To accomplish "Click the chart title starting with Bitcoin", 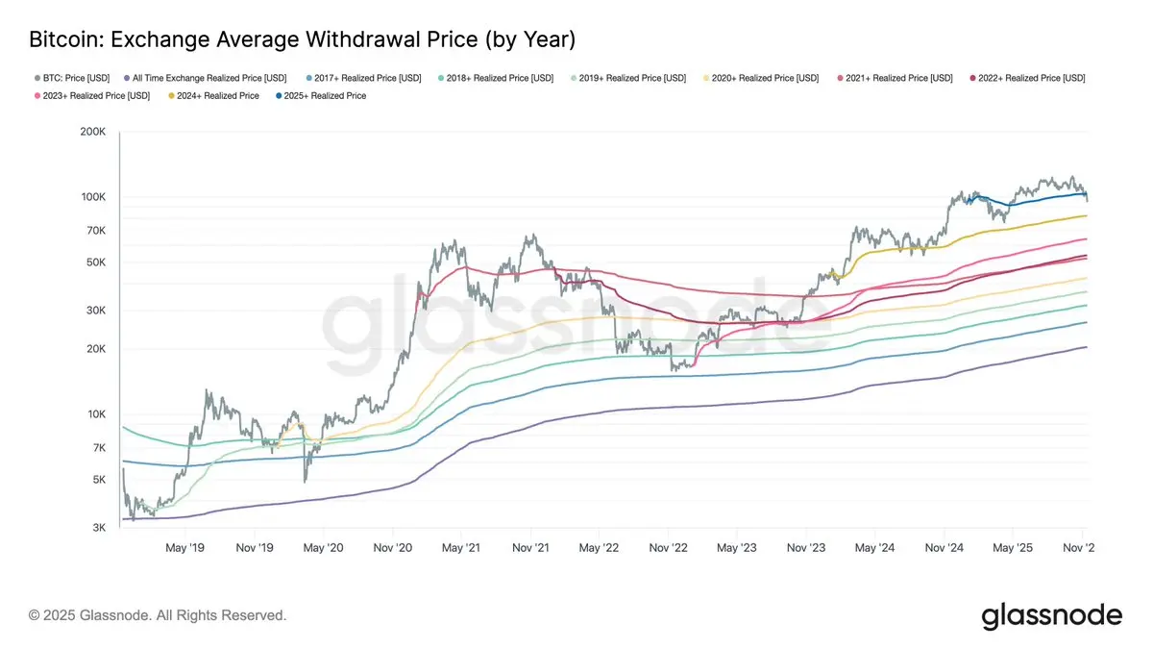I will coord(302,39).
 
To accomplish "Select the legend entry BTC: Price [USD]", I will coord(73,77).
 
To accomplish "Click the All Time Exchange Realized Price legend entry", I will coord(211,77).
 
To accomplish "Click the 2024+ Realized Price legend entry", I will coord(217,96).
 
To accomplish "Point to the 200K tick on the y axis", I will coord(91,132).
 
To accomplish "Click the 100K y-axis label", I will coord(91,197).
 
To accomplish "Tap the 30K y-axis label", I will coord(94,311).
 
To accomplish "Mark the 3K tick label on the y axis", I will coord(96,528).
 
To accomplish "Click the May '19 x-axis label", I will coord(184,548).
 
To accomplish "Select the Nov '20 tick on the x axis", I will coord(392,548).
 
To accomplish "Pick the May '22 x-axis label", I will coord(599,548).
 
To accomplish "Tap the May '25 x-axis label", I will coord(1012,548).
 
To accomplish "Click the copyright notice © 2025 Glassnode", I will coord(158,614).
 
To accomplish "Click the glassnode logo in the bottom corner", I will coord(1051,615).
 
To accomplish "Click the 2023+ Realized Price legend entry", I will coord(92,96).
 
